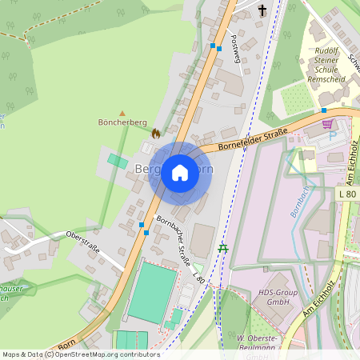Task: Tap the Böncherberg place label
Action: (x=122, y=123)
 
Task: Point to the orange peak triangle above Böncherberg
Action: (x=122, y=114)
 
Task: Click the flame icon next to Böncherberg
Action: (x=156, y=133)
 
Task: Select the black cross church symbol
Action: (x=262, y=10)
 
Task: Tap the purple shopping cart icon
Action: (x=327, y=124)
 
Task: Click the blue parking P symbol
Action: (x=333, y=135)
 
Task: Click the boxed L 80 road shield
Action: (x=347, y=194)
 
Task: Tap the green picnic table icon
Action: (x=223, y=249)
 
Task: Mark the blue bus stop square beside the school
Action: (x=324, y=110)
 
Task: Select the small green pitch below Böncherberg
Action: (x=118, y=162)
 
